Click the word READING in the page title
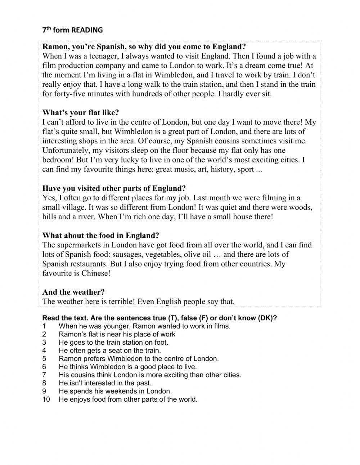87,30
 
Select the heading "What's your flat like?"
80,112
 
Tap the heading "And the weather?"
73,292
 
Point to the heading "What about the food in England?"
100,236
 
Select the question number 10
46,399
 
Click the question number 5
44,359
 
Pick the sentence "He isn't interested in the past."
105,383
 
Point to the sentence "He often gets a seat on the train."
110,350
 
